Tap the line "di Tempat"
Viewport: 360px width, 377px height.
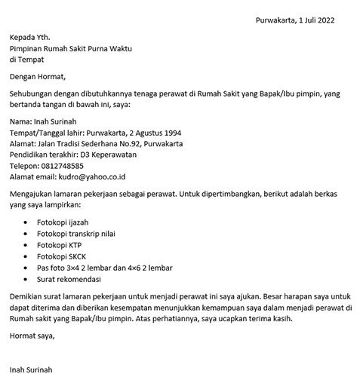tap(27, 59)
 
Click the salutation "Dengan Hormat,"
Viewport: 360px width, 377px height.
tap(38, 76)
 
